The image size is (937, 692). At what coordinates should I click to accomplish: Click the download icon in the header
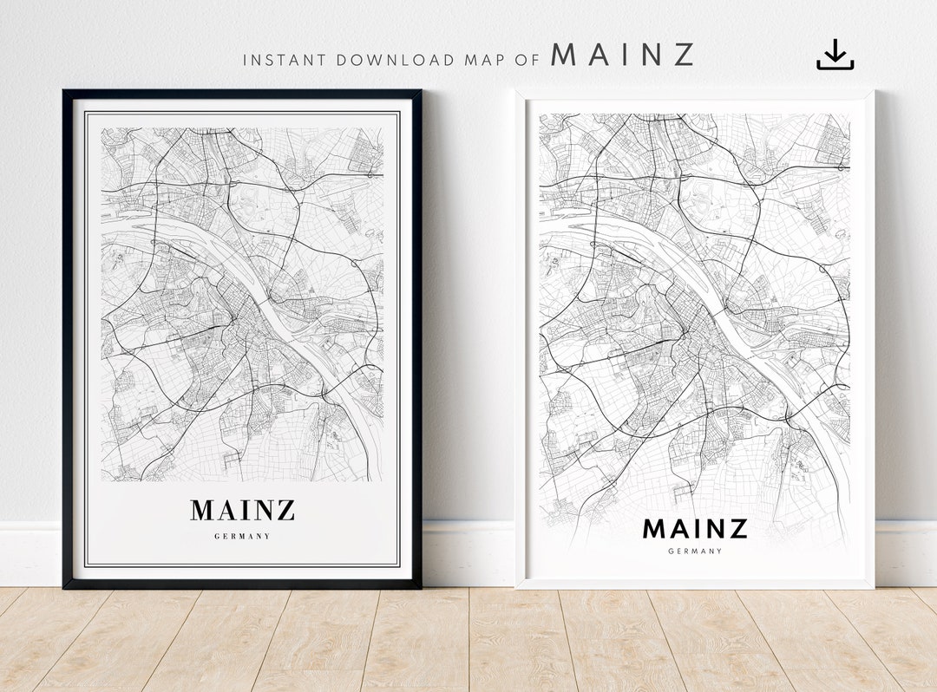(x=835, y=55)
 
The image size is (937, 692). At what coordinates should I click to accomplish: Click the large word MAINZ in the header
(x=623, y=55)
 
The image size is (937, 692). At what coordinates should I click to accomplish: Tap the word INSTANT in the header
(x=285, y=61)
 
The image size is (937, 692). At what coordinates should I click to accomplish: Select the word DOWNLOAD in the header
(x=396, y=61)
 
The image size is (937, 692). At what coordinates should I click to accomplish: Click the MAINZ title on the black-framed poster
(x=243, y=510)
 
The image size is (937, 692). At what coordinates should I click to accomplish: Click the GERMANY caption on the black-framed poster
(x=243, y=537)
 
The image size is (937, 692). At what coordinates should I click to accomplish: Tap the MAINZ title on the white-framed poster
(x=695, y=528)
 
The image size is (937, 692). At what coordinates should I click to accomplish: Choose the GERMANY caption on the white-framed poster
(x=695, y=551)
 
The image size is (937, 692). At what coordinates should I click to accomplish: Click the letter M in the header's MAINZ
(x=564, y=55)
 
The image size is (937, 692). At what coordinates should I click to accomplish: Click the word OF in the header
(x=527, y=61)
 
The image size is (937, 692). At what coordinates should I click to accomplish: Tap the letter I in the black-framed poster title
(x=246, y=510)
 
